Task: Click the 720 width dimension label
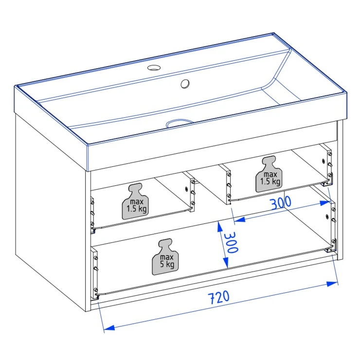(x=219, y=298)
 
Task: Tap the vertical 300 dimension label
(x=231, y=242)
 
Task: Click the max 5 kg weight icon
(x=165, y=257)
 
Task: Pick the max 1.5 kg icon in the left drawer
(x=135, y=201)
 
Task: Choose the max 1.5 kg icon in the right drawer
(x=269, y=174)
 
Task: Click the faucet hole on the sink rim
(x=154, y=68)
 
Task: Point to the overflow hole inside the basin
(x=185, y=84)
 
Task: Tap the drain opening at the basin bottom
(x=180, y=123)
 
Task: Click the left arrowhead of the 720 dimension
(x=109, y=327)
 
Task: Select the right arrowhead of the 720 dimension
(x=332, y=284)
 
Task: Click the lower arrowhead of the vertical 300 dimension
(x=226, y=262)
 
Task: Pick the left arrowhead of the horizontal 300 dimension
(x=239, y=220)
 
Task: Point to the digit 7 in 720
(x=212, y=299)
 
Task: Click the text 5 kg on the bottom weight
(x=167, y=264)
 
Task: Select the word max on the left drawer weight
(x=137, y=202)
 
